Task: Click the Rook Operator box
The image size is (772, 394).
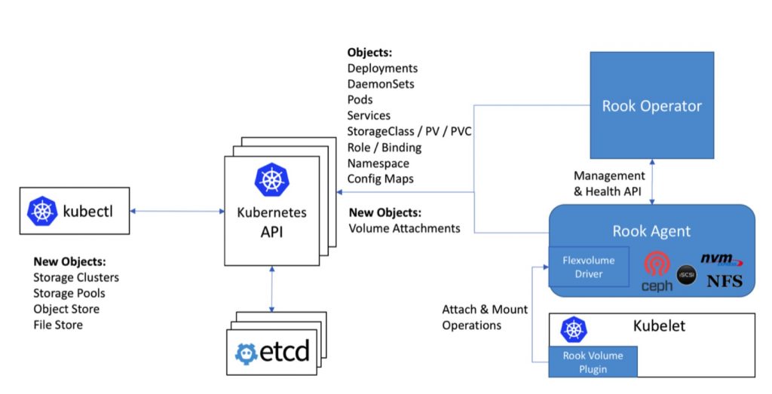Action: tap(651, 105)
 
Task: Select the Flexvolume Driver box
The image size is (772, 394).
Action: tap(588, 267)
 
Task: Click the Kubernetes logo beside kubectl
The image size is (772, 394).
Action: tap(43, 211)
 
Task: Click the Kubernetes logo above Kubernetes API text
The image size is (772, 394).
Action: tap(270, 179)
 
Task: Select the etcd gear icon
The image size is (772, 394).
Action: tap(247, 352)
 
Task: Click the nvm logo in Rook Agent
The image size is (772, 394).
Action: tap(721, 260)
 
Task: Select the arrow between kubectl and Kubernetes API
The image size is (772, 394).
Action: tap(177, 212)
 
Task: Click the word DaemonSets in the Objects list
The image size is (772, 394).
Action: tap(381, 84)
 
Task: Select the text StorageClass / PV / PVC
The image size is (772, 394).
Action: tap(409, 131)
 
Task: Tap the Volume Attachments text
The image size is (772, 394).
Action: tap(403, 228)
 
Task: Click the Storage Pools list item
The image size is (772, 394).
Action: tap(69, 293)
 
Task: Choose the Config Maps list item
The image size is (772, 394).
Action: tap(381, 179)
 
